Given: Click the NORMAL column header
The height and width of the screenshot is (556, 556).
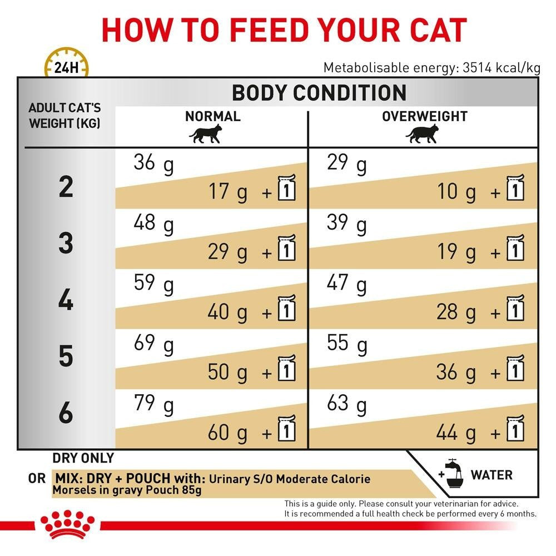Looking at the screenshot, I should [x=212, y=116].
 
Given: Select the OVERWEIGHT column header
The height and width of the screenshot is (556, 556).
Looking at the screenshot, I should [x=424, y=116].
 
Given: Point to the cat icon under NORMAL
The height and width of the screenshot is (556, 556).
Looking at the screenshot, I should [x=205, y=134].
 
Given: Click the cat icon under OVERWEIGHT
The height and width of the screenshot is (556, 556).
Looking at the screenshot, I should [x=422, y=134].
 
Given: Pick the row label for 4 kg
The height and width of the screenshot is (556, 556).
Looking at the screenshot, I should [x=66, y=301].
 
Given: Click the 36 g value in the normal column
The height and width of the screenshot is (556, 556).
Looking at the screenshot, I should [x=153, y=164].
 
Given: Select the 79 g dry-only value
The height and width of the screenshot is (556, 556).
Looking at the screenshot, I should [x=153, y=404].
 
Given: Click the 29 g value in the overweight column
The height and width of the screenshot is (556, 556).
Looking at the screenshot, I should [x=347, y=164].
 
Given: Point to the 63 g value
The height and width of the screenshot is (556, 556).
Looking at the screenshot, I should [x=347, y=404].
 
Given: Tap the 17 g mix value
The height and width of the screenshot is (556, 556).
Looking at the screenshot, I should [x=227, y=192].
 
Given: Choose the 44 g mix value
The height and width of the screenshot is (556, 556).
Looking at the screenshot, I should [x=456, y=432].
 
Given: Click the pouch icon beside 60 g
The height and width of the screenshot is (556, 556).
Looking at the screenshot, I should [x=286, y=429].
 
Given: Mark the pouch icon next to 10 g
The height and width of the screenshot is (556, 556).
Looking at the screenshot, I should [x=515, y=189].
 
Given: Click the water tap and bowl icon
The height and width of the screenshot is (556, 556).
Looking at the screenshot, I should [x=451, y=474].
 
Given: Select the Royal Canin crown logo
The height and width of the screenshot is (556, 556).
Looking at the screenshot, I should [x=67, y=524].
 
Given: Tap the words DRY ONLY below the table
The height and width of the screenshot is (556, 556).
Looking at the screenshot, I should [x=83, y=458].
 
